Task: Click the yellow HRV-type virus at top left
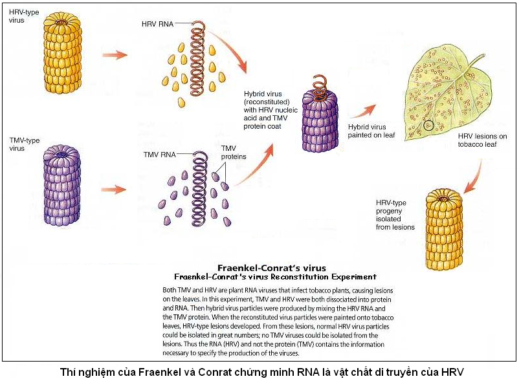click(62, 53)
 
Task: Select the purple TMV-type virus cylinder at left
click(62, 185)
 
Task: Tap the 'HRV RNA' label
click(157, 24)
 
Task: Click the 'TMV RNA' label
click(159, 155)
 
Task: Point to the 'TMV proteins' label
click(234, 153)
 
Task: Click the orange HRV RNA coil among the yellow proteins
click(197, 58)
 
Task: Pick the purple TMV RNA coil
click(199, 188)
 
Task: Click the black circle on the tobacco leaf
click(428, 125)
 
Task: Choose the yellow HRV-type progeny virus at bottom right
click(443, 229)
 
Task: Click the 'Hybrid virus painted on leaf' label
click(371, 131)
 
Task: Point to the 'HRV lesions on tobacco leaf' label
click(482, 140)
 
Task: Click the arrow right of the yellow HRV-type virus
click(115, 55)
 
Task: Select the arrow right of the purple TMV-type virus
click(113, 190)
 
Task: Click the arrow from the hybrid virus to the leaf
click(363, 111)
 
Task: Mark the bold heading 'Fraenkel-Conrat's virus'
click(271, 268)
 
